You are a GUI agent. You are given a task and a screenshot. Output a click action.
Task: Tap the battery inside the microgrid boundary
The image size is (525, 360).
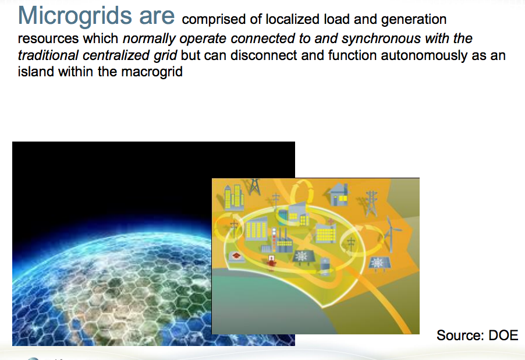point(325,265)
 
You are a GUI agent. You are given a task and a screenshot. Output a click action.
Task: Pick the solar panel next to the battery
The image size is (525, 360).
point(303,256)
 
